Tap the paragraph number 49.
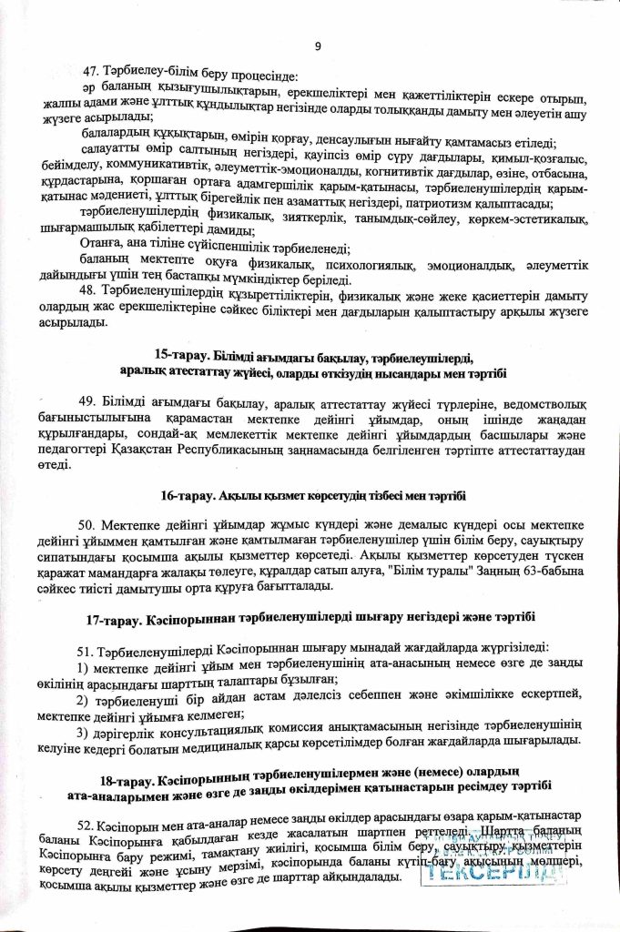click(x=91, y=403)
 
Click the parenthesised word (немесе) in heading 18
click(x=459, y=782)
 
